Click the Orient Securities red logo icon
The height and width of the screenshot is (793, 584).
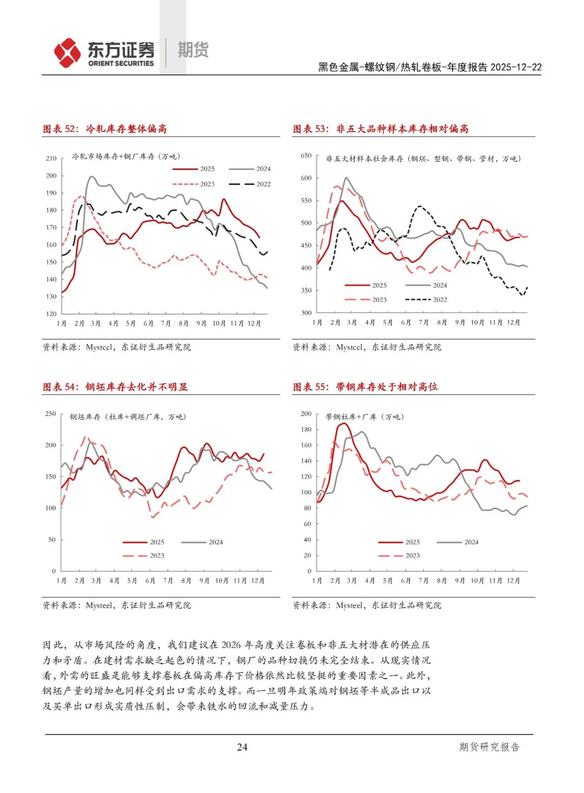[x=67, y=52]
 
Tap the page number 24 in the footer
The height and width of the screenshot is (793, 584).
[x=242, y=747]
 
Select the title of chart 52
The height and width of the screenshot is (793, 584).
[x=105, y=129]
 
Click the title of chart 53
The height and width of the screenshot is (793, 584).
[x=381, y=129]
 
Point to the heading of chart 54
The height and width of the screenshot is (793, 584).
[x=115, y=387]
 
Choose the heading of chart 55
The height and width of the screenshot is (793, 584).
[x=366, y=387]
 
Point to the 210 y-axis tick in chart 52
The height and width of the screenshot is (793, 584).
[x=51, y=158]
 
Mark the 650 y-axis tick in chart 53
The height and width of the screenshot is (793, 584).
[x=306, y=156]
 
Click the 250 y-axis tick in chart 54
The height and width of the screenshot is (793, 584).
[x=50, y=414]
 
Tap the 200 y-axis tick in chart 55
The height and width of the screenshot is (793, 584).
[x=306, y=414]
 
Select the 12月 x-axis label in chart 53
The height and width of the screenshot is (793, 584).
[x=513, y=322]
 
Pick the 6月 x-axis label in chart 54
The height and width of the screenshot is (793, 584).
[x=150, y=580]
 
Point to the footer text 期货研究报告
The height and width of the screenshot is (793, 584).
[x=489, y=747]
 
